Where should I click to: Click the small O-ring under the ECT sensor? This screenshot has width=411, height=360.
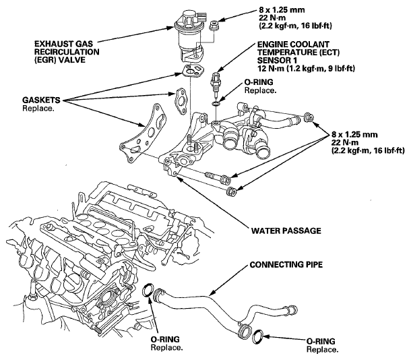[216, 104]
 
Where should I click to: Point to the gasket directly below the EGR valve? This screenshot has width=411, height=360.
[193, 71]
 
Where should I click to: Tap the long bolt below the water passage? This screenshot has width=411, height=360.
[218, 177]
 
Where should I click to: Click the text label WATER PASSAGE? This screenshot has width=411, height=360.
[286, 231]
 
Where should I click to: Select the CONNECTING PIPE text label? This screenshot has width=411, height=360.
[286, 265]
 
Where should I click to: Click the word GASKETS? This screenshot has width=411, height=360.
[41, 100]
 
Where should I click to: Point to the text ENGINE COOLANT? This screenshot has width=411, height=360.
[293, 44]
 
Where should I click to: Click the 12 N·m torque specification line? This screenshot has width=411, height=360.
[306, 69]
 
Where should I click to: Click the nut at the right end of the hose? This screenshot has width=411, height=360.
[309, 117]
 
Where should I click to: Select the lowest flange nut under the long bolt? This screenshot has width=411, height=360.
[232, 191]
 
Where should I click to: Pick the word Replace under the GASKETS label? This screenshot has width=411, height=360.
[38, 109]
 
